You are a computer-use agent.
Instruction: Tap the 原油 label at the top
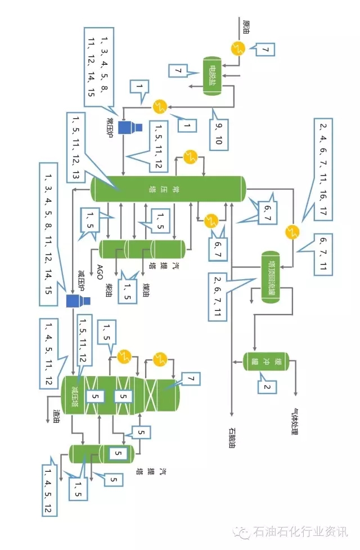click(x=246, y=24)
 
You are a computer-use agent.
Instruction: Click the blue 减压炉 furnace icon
click(x=74, y=301)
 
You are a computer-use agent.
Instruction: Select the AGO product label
click(x=100, y=272)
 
